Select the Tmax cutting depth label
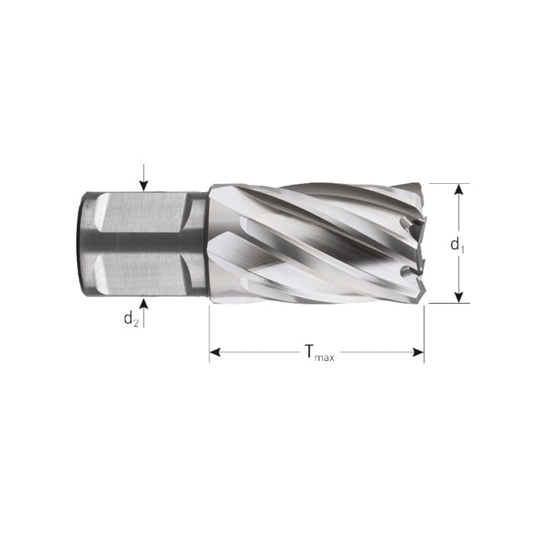(319, 352)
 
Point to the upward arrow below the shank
(143, 309)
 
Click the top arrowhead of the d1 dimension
(458, 189)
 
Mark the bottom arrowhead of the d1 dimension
(458, 297)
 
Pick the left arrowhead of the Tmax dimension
(215, 352)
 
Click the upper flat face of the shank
(141, 211)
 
